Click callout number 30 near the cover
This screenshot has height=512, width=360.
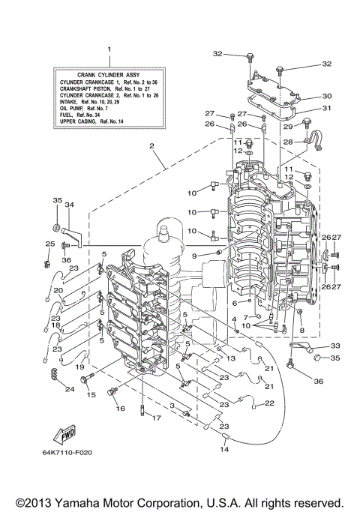point(326,96)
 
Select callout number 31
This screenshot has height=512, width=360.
point(326,108)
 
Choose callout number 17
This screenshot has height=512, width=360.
point(154,418)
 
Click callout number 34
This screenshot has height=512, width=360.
point(69,205)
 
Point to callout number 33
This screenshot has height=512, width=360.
point(334,346)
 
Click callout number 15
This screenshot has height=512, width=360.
point(91,394)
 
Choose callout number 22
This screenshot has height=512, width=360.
point(270,403)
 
